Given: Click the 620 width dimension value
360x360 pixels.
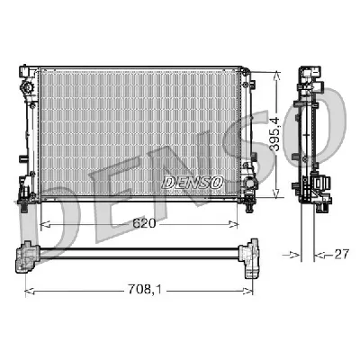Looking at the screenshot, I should pos(144,222).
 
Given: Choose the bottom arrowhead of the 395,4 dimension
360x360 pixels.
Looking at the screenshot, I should pos(277,195).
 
